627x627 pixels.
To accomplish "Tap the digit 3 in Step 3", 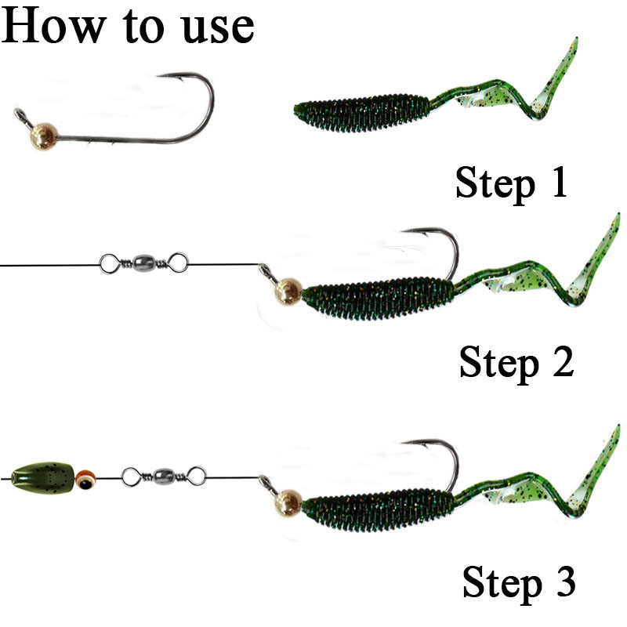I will click(x=560, y=583).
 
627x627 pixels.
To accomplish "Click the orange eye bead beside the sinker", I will click(x=85, y=475).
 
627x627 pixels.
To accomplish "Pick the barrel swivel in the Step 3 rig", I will click(x=163, y=475).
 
